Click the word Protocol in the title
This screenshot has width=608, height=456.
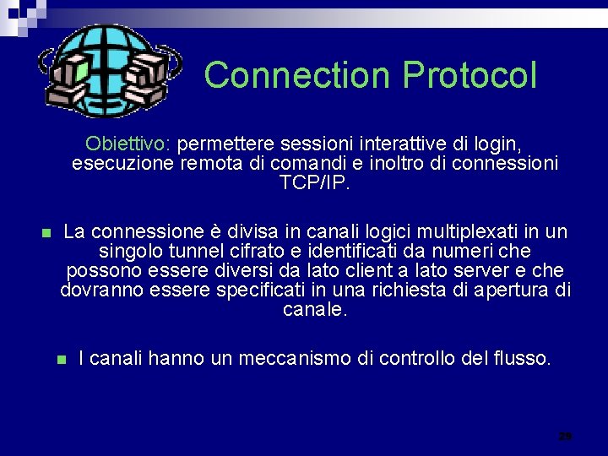click(470, 75)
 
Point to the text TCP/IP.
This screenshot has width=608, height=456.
click(314, 182)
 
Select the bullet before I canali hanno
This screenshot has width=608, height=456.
click(60, 360)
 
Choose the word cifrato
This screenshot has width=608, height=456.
click(247, 252)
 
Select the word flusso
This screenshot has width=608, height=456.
click(523, 358)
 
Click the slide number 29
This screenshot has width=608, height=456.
click(565, 437)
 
